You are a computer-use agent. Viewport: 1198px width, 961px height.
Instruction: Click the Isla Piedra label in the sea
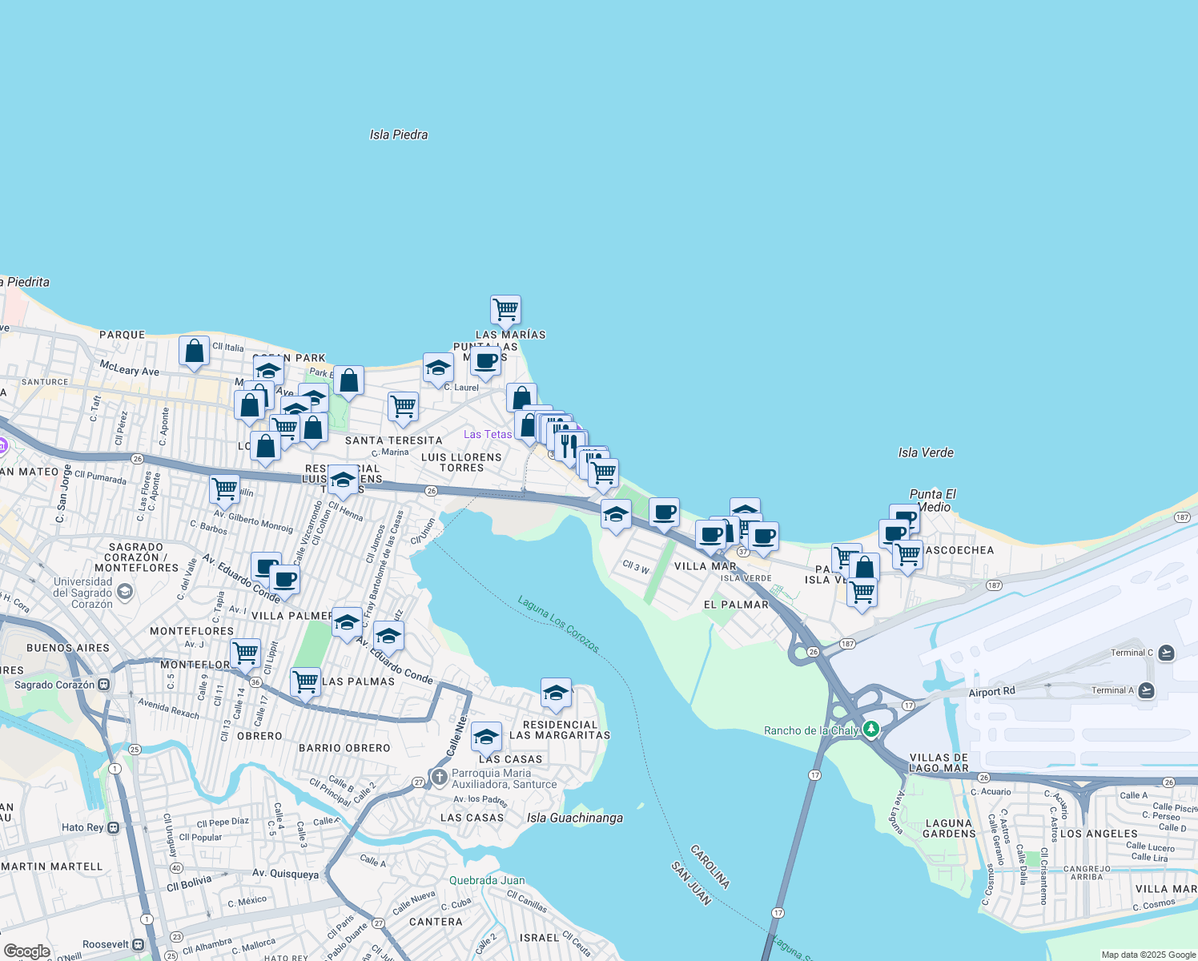[x=399, y=135]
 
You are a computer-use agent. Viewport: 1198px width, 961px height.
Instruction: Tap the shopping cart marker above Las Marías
[x=505, y=309]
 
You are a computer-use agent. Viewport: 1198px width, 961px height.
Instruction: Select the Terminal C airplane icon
[x=1166, y=653]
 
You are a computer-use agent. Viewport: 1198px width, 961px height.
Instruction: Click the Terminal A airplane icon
[x=1146, y=690]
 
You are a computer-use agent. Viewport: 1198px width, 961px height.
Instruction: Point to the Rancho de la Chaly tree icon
[x=871, y=730]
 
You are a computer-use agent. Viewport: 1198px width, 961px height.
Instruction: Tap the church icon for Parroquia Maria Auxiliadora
[x=439, y=777]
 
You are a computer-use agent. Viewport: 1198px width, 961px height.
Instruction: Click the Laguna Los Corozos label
[x=558, y=624]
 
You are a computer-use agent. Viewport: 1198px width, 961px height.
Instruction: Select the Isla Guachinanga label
[x=575, y=818]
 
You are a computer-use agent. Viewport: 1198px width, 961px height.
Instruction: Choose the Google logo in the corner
[x=27, y=951]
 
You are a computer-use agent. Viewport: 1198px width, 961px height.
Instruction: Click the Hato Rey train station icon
[x=113, y=827]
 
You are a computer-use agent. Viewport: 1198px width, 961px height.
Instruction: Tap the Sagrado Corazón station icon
[x=103, y=685]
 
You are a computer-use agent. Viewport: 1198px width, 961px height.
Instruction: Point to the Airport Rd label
[x=991, y=692]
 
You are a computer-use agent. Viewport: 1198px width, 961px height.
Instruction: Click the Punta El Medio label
[x=933, y=501]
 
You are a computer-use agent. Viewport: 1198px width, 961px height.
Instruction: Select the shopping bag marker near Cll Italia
[x=194, y=351]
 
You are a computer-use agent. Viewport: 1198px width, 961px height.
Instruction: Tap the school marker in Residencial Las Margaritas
[x=556, y=694]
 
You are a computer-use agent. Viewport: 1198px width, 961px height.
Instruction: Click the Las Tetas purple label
[x=488, y=434]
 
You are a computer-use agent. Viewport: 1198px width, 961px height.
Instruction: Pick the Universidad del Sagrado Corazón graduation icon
[x=124, y=593]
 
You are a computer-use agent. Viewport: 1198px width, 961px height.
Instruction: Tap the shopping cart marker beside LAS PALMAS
[x=305, y=682]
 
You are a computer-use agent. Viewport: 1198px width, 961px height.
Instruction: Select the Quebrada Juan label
[x=487, y=880]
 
